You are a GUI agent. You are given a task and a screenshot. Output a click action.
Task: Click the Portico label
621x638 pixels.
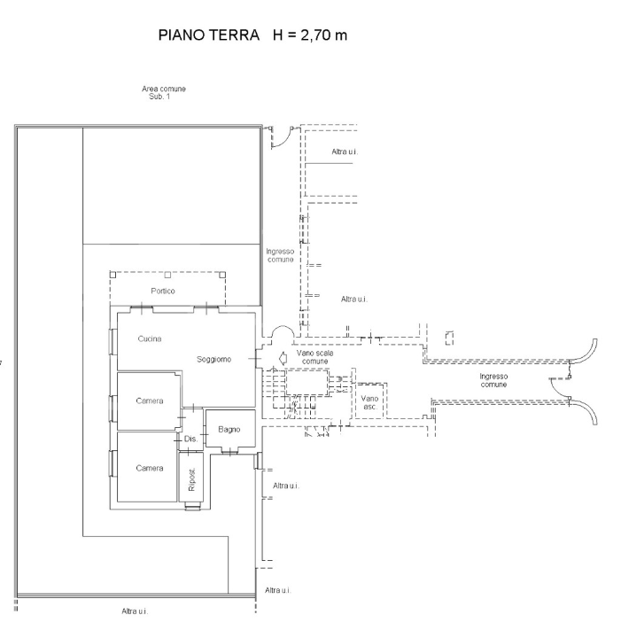(x=162, y=292)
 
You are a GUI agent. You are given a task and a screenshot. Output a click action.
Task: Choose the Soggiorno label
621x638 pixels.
(x=213, y=359)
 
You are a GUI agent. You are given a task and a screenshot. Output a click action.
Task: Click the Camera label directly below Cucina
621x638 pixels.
(x=149, y=401)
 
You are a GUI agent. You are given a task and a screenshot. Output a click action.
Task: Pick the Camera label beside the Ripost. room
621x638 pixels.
(x=149, y=468)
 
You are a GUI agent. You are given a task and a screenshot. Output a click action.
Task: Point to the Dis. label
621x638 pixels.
(x=190, y=440)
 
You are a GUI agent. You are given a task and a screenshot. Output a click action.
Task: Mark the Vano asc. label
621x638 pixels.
(x=370, y=402)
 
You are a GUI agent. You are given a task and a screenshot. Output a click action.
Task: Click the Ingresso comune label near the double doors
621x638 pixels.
(x=493, y=381)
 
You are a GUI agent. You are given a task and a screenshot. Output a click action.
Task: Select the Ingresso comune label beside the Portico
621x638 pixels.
(x=281, y=255)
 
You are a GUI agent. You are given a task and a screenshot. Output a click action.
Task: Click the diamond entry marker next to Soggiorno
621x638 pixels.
(x=282, y=359)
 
